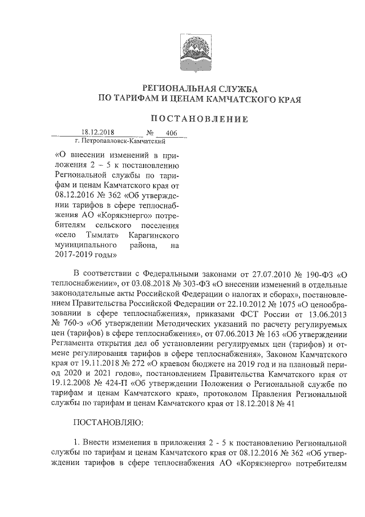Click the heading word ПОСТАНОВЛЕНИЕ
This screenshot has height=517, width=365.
199,119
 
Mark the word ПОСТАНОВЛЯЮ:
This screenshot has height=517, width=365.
106,425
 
